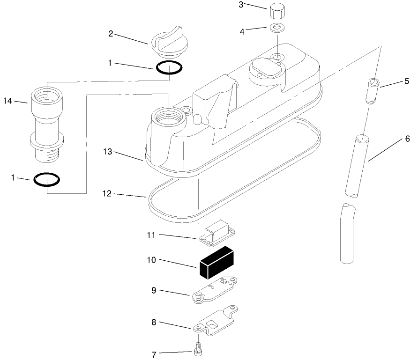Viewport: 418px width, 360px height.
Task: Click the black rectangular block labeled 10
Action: coord(216,261)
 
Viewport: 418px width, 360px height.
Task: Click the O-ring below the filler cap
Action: coord(169,68)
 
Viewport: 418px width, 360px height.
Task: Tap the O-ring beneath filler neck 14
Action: coord(47,179)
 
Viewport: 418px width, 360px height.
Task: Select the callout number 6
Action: coord(407,139)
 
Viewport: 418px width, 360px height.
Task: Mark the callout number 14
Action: coord(7,101)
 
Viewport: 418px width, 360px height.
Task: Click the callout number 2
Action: coord(111,33)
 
